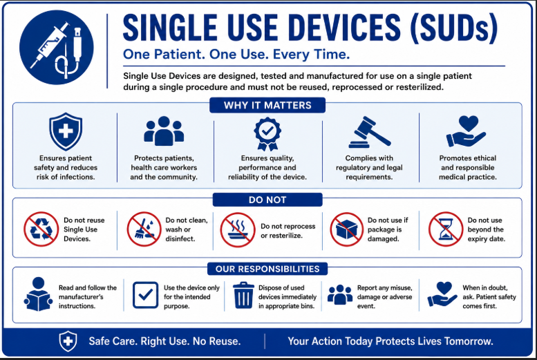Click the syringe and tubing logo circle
pyautogui.click(x=57, y=47)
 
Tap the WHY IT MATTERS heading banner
pyautogui.click(x=267, y=105)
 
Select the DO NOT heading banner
pyautogui.click(x=267, y=200)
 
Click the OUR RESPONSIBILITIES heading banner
pyautogui.click(x=267, y=269)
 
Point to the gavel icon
pyautogui.click(x=369, y=132)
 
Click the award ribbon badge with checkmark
pyautogui.click(x=267, y=134)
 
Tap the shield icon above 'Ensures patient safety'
pyautogui.click(x=66, y=131)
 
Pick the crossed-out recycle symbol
pyautogui.click(x=41, y=229)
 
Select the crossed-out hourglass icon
pyautogui.click(x=446, y=229)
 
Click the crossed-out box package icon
pyautogui.click(x=346, y=229)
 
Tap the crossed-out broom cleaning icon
pyautogui.click(x=144, y=229)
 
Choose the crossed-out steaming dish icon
pyautogui.click(x=238, y=230)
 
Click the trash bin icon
pyautogui.click(x=243, y=295)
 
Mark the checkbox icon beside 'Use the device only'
pyautogui.click(x=146, y=295)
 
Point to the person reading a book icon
pyautogui.click(x=39, y=294)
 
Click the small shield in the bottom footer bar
pyautogui.click(x=68, y=341)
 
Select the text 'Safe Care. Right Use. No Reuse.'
pyautogui.click(x=164, y=341)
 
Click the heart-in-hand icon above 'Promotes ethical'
pyautogui.click(x=466, y=132)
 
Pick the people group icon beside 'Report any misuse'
pyautogui.click(x=340, y=294)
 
